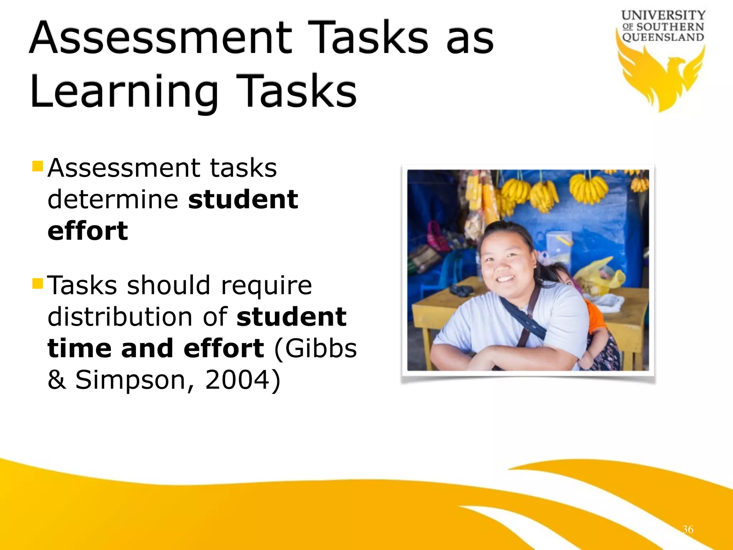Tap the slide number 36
(x=688, y=529)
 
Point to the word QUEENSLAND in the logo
(x=663, y=37)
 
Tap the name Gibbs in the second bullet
(x=321, y=348)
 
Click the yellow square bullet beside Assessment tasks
(x=38, y=166)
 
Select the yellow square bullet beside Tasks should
(x=38, y=284)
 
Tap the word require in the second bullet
(x=266, y=286)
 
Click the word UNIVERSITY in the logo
(x=663, y=16)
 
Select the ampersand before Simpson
(x=57, y=380)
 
